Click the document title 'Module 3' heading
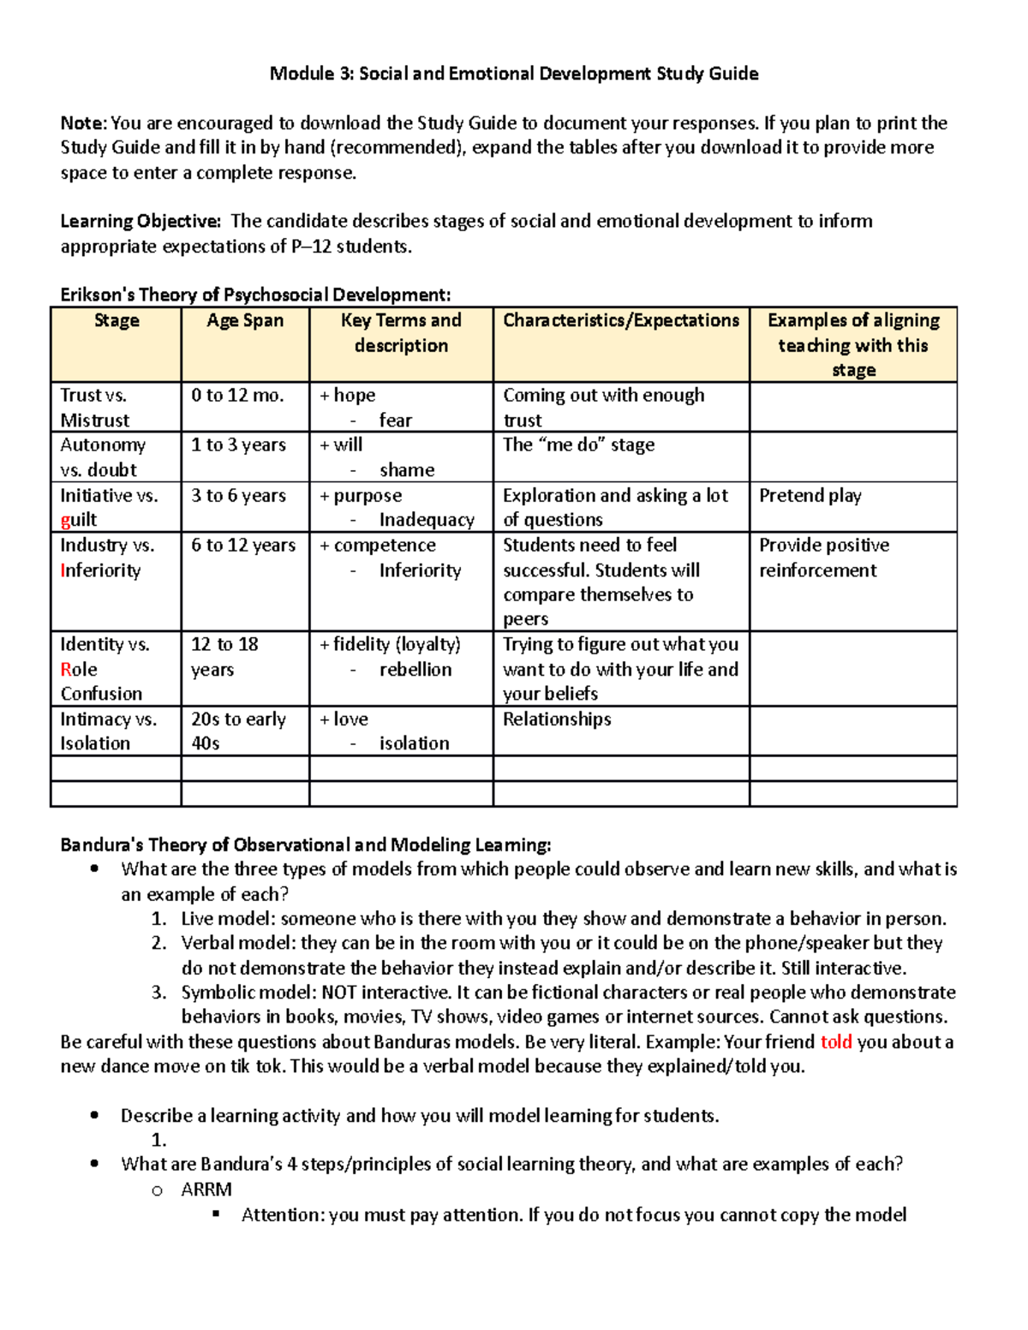click(513, 74)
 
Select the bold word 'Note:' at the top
click(83, 123)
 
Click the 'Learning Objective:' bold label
click(140, 221)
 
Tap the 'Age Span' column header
click(245, 320)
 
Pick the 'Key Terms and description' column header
click(401, 332)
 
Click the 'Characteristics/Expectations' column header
click(621, 320)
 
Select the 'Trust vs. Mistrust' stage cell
click(94, 407)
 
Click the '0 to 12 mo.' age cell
click(237, 395)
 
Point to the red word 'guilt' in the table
click(79, 520)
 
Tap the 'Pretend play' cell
click(810, 495)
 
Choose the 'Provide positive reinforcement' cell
click(823, 558)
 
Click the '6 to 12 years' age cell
click(243, 545)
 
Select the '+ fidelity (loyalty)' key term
click(390, 644)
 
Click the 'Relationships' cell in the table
click(557, 719)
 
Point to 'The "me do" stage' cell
click(578, 444)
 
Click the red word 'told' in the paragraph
click(836, 1041)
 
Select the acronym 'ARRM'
click(206, 1190)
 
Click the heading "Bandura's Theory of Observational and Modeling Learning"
click(306, 844)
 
